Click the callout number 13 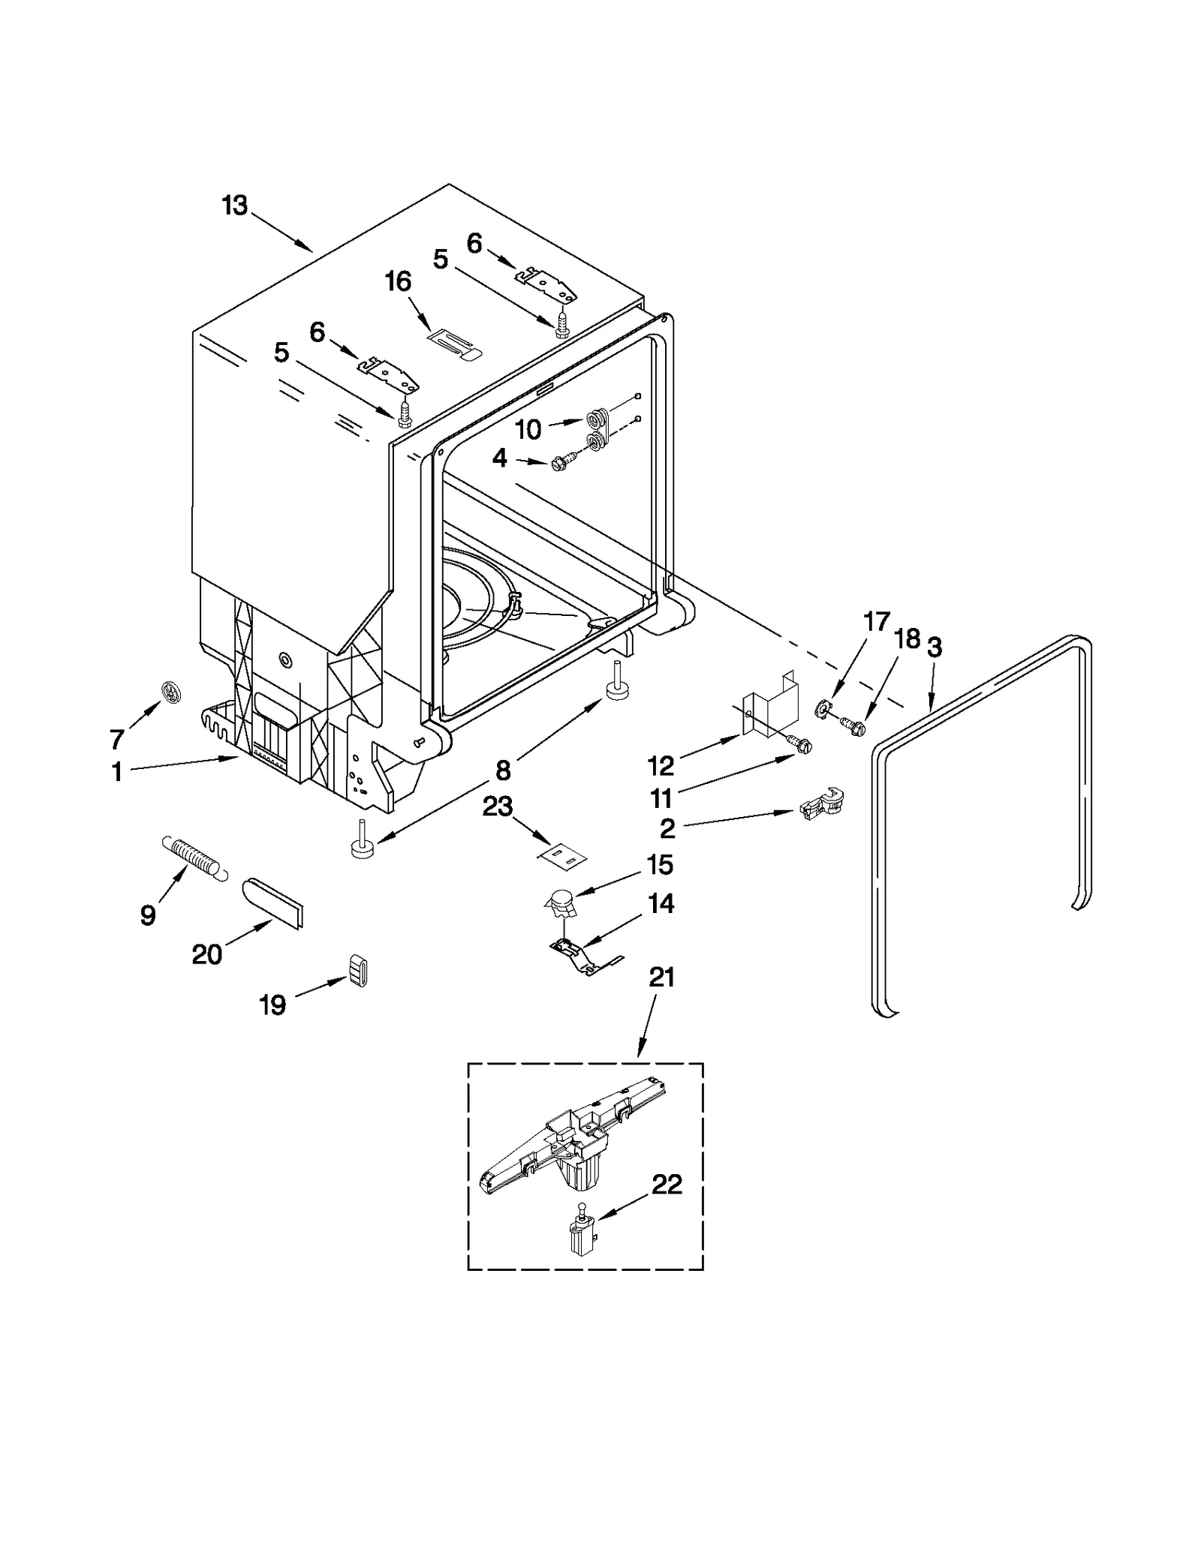click(x=235, y=206)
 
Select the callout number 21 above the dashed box click(x=661, y=977)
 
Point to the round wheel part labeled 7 click(x=172, y=692)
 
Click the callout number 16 click(x=398, y=281)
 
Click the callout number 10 click(x=528, y=430)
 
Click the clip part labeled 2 click(x=822, y=806)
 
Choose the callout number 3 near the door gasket click(x=934, y=647)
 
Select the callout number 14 click(x=661, y=904)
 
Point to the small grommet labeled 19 click(x=358, y=972)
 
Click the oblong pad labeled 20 click(x=273, y=903)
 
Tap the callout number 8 click(x=502, y=770)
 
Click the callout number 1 click(x=117, y=771)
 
